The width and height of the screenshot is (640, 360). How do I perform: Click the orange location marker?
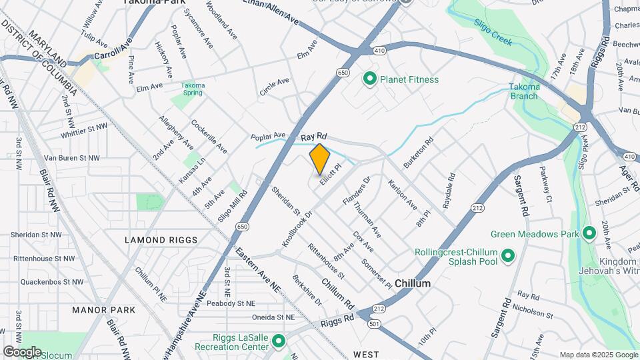tap(320, 159)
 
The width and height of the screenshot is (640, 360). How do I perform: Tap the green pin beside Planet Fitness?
tap(370, 79)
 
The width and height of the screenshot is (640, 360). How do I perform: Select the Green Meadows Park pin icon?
tap(588, 234)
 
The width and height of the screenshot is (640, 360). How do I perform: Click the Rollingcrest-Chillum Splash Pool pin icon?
tap(507, 255)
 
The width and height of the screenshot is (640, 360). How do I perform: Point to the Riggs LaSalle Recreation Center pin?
tap(279, 341)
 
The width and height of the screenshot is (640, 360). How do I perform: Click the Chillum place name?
tap(412, 283)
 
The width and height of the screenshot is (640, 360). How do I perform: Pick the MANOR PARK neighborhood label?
tap(103, 310)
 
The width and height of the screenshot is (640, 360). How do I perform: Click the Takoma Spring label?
tap(193, 89)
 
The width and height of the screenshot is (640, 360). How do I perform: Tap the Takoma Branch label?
tap(524, 91)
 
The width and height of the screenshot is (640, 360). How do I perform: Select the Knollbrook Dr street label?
tap(297, 230)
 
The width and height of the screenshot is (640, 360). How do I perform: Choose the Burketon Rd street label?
tap(418, 152)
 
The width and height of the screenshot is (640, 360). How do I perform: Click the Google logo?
tap(22, 352)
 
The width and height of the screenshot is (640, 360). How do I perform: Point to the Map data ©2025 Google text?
tap(597, 355)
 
